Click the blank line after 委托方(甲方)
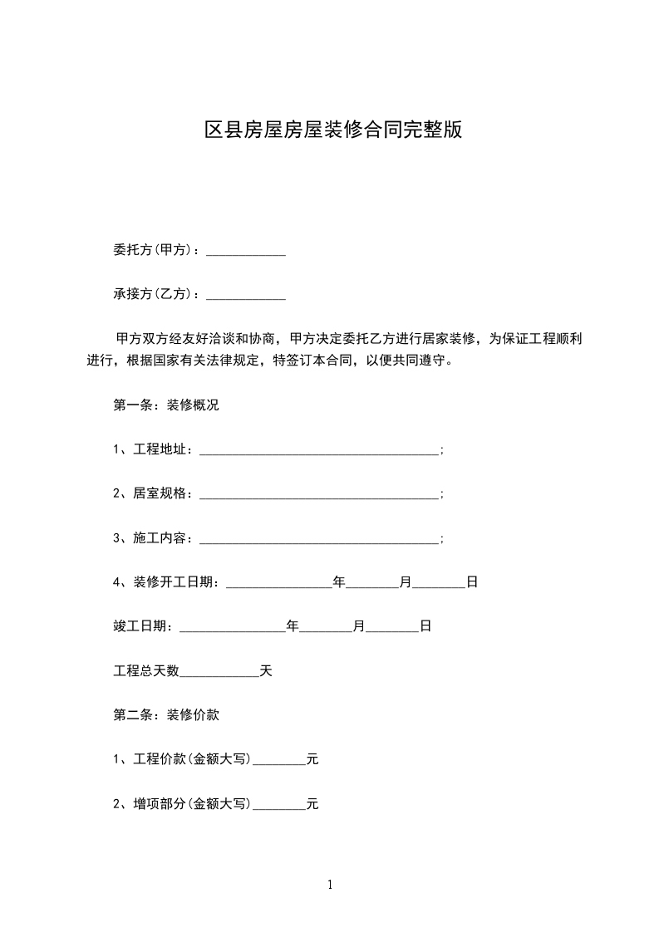click(246, 250)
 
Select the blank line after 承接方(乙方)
click(246, 294)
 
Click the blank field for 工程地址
click(319, 450)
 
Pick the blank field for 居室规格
click(319, 494)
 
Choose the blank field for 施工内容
click(319, 538)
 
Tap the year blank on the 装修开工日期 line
click(279, 582)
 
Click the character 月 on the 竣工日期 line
click(359, 626)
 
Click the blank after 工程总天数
click(219, 670)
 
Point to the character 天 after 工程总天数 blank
click(266, 670)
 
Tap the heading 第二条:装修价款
click(166, 714)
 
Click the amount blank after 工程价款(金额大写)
click(279, 758)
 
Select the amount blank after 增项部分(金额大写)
click(279, 803)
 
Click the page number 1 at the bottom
click(330, 885)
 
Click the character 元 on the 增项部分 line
click(312, 803)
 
